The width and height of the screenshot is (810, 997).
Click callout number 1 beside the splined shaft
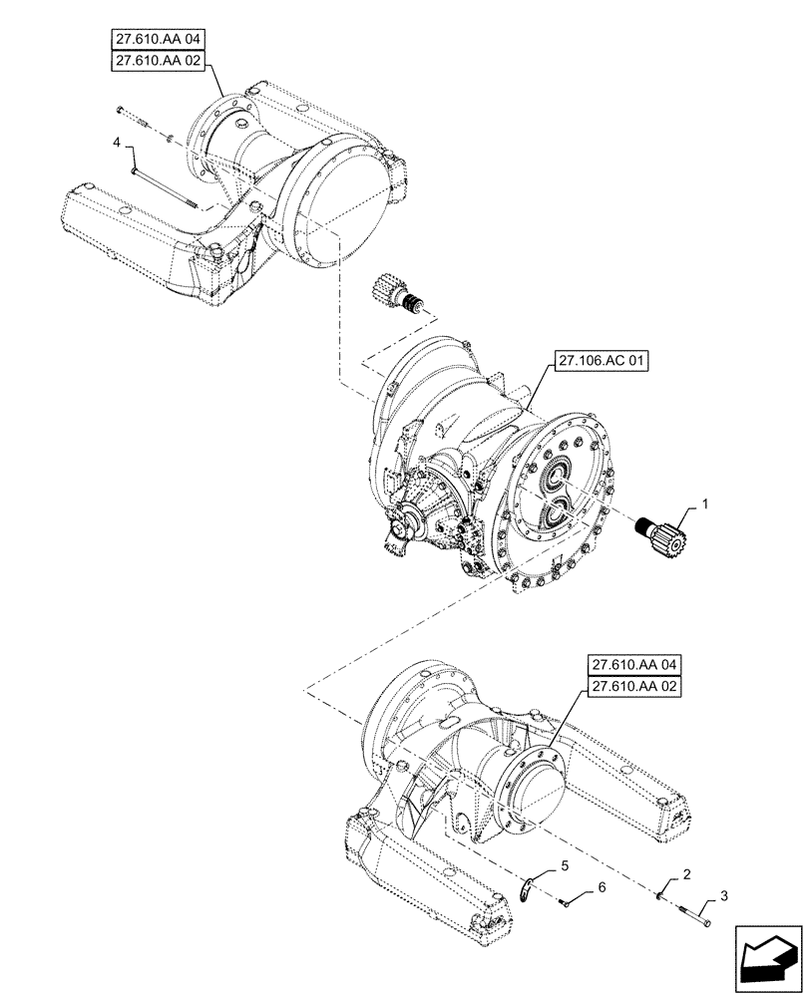704,505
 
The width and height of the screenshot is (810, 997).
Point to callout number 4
117,145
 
